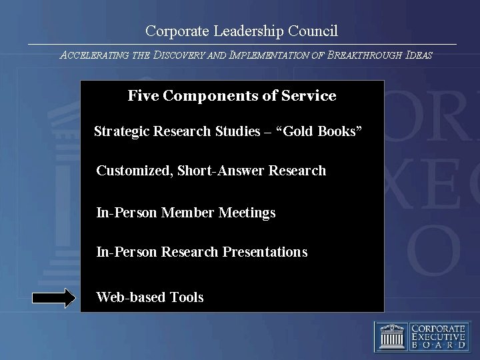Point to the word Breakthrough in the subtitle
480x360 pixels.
(x=369, y=55)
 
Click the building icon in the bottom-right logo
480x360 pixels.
(x=390, y=336)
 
